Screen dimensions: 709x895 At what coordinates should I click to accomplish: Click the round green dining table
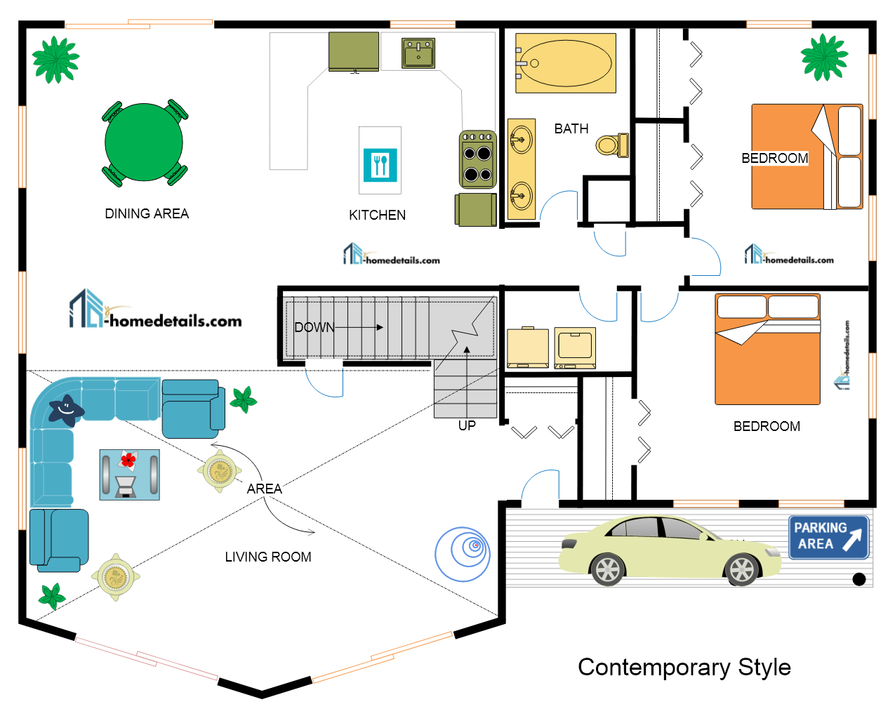144,143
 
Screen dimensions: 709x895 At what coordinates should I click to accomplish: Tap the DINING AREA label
147,213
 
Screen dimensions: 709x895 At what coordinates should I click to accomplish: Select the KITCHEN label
378,215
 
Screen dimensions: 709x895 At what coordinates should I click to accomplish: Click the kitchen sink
418,53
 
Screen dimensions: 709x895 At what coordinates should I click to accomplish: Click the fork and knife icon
380,164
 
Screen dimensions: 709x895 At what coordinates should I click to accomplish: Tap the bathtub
565,63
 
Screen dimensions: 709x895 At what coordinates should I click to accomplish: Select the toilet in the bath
611,145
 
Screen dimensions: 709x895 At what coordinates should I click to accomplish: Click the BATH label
571,128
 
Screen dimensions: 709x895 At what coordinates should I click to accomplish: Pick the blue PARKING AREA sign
828,537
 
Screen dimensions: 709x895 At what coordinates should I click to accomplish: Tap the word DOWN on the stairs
314,327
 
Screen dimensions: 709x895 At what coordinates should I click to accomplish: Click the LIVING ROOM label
268,557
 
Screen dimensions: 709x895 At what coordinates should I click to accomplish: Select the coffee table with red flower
129,475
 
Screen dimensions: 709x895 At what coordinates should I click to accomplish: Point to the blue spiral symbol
463,554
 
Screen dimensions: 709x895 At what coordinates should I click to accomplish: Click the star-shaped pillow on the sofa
66,409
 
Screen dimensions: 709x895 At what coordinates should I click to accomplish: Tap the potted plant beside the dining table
55,60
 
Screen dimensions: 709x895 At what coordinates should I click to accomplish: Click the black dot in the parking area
858,579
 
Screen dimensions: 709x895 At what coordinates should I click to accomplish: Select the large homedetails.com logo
155,312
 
